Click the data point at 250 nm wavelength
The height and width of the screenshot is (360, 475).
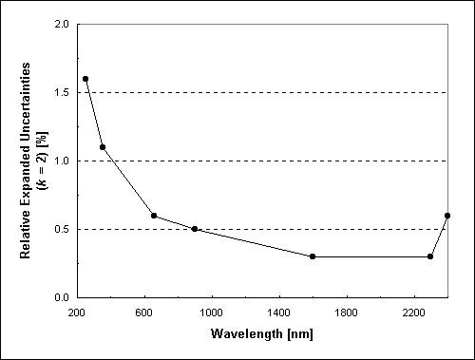pyautogui.click(x=85, y=79)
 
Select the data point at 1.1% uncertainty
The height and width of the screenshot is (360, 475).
pyautogui.click(x=103, y=147)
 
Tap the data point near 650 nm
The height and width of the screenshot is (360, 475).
pyautogui.click(x=154, y=216)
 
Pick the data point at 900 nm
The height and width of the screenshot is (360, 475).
pyautogui.click(x=195, y=229)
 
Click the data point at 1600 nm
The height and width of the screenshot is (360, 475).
pyautogui.click(x=313, y=256)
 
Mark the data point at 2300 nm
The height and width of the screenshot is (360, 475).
pyautogui.click(x=430, y=256)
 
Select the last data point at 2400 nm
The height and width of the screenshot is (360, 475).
pyautogui.click(x=447, y=216)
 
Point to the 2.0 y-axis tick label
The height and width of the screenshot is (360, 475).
pyautogui.click(x=62, y=25)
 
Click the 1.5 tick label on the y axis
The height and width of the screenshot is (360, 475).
pyautogui.click(x=62, y=93)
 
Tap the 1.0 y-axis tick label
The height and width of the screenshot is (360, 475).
pyautogui.click(x=62, y=161)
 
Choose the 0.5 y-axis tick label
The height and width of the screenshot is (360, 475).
pyautogui.click(x=62, y=230)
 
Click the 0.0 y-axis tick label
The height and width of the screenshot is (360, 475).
pyautogui.click(x=62, y=297)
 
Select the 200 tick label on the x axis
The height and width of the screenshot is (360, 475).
pyautogui.click(x=77, y=312)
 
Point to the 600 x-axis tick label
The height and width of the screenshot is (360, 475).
pyautogui.click(x=144, y=312)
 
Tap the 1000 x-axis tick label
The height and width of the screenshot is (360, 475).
pyautogui.click(x=212, y=312)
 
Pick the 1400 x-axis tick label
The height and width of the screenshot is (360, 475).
pyautogui.click(x=279, y=312)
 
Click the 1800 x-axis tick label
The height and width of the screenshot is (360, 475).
pyautogui.click(x=347, y=312)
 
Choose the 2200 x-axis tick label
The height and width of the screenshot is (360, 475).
pyautogui.click(x=414, y=312)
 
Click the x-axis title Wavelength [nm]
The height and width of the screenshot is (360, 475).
pyautogui.click(x=262, y=334)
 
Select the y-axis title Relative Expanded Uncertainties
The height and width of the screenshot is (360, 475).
pyautogui.click(x=27, y=161)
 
